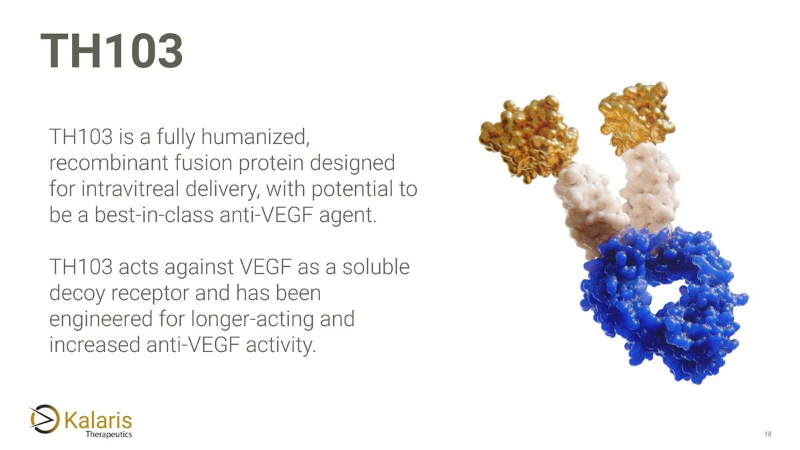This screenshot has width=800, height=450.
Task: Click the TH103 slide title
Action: [x=111, y=52]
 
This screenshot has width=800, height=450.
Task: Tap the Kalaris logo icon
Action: [x=45, y=419]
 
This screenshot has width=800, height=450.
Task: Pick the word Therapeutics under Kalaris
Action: [x=109, y=435]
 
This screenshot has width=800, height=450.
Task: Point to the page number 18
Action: [x=767, y=435]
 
